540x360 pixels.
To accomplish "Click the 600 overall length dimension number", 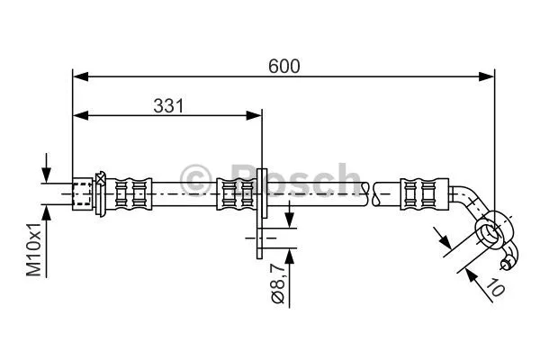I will click(x=283, y=66).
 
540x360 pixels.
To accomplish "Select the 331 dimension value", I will click(x=166, y=105).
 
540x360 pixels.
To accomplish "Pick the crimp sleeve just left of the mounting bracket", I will click(x=236, y=193).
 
